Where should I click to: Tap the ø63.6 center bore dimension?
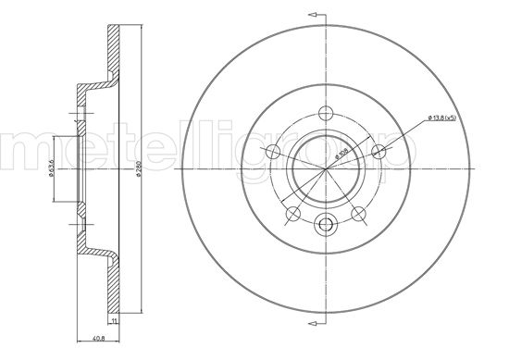[48, 171]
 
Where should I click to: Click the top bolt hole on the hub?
[325, 115]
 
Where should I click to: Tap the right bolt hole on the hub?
[378, 153]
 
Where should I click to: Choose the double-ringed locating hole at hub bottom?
[325, 224]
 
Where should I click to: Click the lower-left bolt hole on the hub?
[292, 215]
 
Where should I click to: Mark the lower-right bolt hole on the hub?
[358, 215]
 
